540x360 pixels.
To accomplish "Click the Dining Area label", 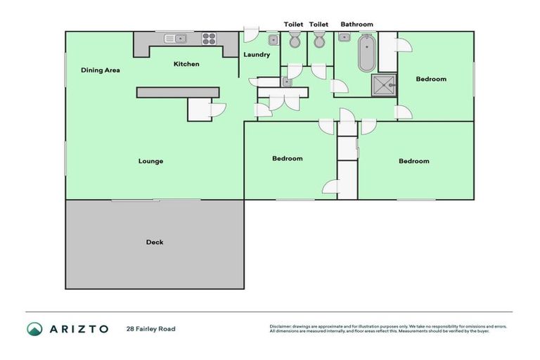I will click(100, 70).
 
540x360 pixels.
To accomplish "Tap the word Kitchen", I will click(186, 64).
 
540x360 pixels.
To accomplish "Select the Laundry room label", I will click(257, 54).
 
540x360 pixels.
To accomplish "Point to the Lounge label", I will click(150, 161).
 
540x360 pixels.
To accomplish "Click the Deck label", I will click(155, 242).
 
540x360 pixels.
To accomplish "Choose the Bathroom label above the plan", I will click(356, 25).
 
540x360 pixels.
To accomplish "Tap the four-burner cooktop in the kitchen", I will click(209, 39).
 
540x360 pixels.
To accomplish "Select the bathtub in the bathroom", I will click(366, 55).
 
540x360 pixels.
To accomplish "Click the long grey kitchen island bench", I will click(177, 92).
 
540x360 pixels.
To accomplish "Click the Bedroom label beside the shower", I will click(430, 79).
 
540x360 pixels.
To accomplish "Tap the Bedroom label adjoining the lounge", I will click(287, 158).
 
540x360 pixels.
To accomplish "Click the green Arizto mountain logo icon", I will click(34, 328).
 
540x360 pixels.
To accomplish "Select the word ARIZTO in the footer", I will click(78, 328).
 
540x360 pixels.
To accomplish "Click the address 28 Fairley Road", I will click(150, 328).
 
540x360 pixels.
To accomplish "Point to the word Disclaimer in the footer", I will click(282, 326).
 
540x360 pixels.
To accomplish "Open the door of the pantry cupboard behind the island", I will click(217, 110).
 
